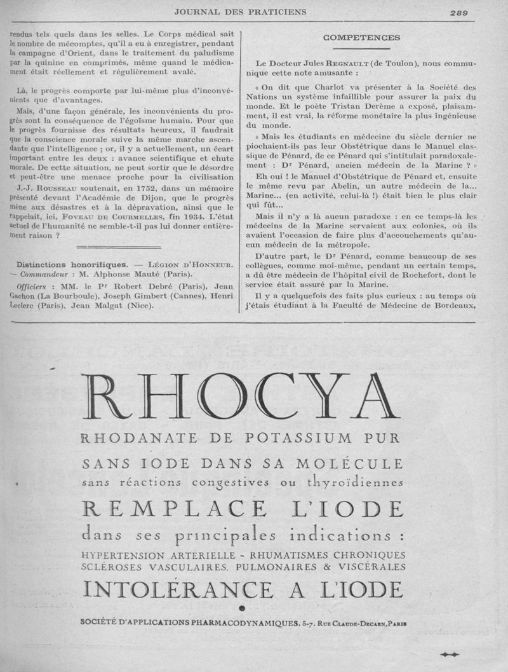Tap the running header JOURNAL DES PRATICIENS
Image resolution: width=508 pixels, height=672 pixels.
coord(241,11)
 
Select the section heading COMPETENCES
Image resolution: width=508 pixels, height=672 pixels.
coord(361,38)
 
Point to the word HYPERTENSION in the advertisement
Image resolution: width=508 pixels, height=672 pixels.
coord(126,555)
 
